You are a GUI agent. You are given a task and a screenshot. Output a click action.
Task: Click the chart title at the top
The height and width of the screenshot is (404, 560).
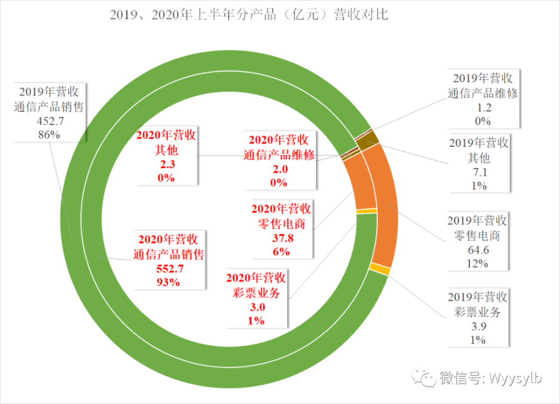(x=249, y=15)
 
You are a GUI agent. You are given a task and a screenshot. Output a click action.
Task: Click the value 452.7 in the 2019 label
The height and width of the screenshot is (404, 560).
(x=50, y=121)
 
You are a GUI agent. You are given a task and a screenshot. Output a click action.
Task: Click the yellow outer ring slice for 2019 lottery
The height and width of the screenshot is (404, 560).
(x=379, y=269)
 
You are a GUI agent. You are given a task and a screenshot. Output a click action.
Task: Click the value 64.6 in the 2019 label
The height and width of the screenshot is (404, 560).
(x=478, y=250)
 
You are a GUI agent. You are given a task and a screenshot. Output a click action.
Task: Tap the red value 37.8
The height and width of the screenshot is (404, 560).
(x=283, y=238)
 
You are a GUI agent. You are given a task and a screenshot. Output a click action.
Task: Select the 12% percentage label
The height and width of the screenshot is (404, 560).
(x=478, y=263)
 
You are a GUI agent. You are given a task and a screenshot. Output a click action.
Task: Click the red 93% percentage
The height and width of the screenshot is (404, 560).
(x=168, y=282)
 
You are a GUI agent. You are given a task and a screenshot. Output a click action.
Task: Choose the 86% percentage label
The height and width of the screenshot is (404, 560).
(x=49, y=134)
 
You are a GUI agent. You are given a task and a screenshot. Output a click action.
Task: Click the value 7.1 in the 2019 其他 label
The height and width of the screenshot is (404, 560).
(x=480, y=173)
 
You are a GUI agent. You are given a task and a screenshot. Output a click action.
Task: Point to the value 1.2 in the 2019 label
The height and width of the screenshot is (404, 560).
(x=484, y=108)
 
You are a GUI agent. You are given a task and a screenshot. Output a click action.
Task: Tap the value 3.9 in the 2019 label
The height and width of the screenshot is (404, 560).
(x=479, y=327)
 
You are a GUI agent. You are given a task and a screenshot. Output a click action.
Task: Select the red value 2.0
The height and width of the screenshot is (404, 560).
(x=280, y=169)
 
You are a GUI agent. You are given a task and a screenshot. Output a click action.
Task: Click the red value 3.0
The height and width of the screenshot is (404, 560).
(x=258, y=307)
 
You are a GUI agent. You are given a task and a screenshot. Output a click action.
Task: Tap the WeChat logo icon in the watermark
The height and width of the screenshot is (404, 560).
(x=424, y=377)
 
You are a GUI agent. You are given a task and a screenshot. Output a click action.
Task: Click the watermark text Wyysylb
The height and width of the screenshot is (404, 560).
(x=515, y=378)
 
